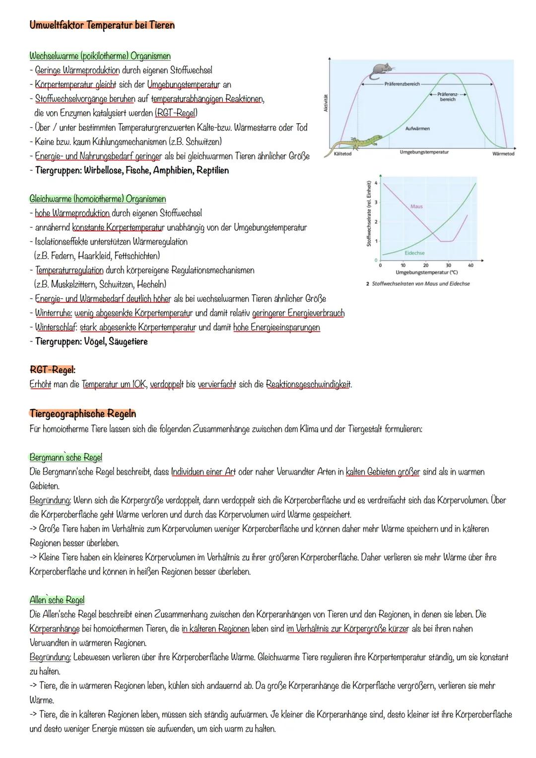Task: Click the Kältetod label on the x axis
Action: pos(342,154)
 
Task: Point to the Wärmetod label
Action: pos(503,154)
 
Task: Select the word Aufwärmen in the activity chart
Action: pos(417,129)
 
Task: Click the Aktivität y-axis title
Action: pos(326,104)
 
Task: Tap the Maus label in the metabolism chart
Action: pos(416,206)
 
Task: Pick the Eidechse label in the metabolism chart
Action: pos(414,253)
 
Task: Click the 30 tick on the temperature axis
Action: pos(448,266)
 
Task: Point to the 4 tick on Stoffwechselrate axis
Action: pos(376,183)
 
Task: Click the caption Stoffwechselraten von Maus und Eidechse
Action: pos(420,283)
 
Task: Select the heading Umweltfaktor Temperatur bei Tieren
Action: pos(102,25)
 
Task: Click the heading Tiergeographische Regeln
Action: pos(82,413)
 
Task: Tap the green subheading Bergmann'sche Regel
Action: pos(66,457)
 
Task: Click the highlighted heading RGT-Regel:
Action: pos(53,370)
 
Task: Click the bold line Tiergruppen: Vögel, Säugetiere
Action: pos(91,342)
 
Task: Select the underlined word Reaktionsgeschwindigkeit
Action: pos(308,385)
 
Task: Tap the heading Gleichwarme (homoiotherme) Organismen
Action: pos(98,199)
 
